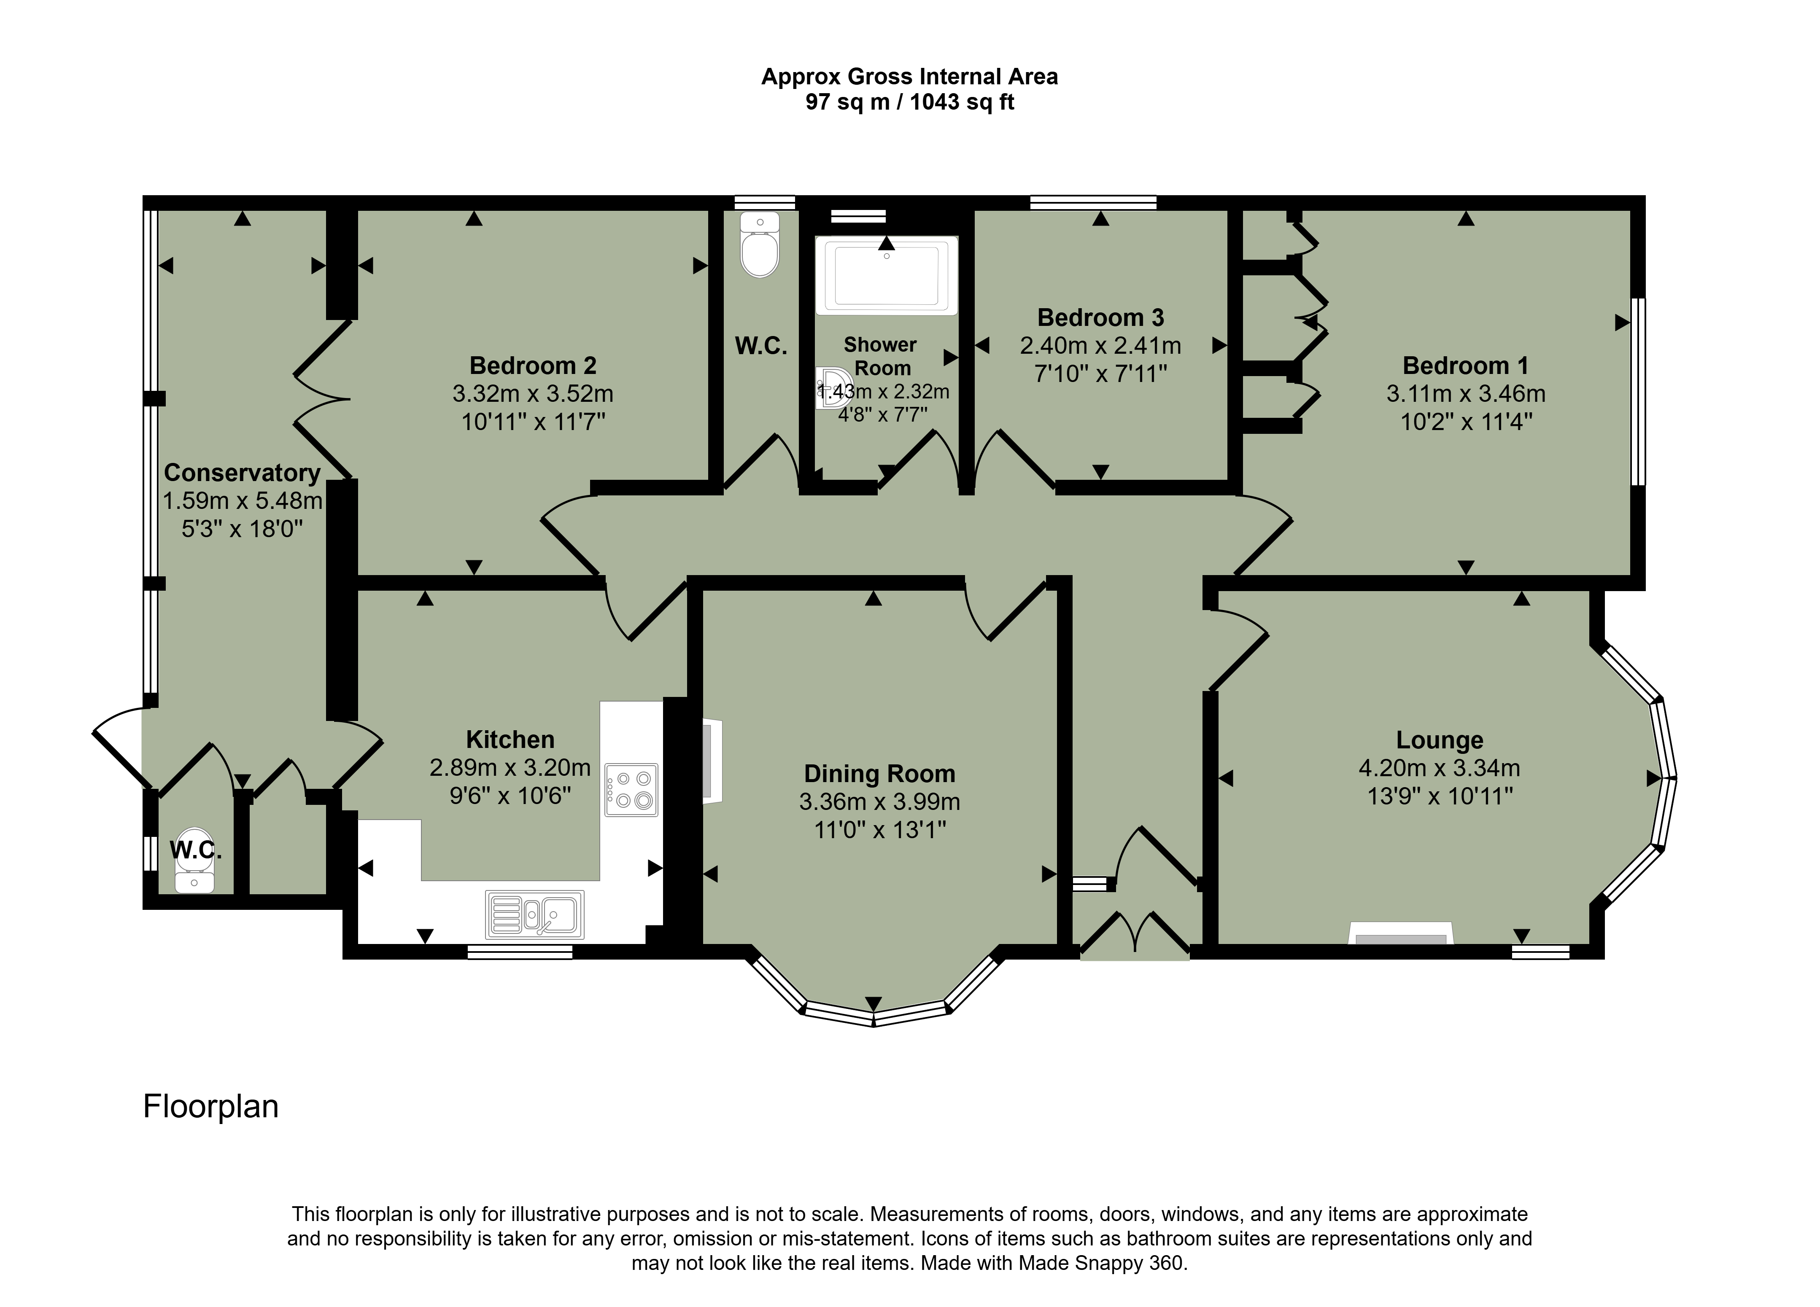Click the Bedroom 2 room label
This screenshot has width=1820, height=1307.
[533, 366]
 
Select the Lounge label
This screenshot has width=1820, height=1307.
[1440, 740]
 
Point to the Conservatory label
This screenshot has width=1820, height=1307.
[243, 473]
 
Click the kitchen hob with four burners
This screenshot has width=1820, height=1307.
[631, 790]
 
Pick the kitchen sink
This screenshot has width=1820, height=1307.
[534, 914]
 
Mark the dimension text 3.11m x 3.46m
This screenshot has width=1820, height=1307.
[1466, 394]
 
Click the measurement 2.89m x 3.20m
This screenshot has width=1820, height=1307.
[510, 768]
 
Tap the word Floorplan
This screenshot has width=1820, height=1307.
[211, 1106]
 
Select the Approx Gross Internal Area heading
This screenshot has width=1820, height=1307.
[910, 77]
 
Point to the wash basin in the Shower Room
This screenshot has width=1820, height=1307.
[833, 388]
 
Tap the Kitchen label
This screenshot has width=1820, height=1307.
[510, 739]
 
